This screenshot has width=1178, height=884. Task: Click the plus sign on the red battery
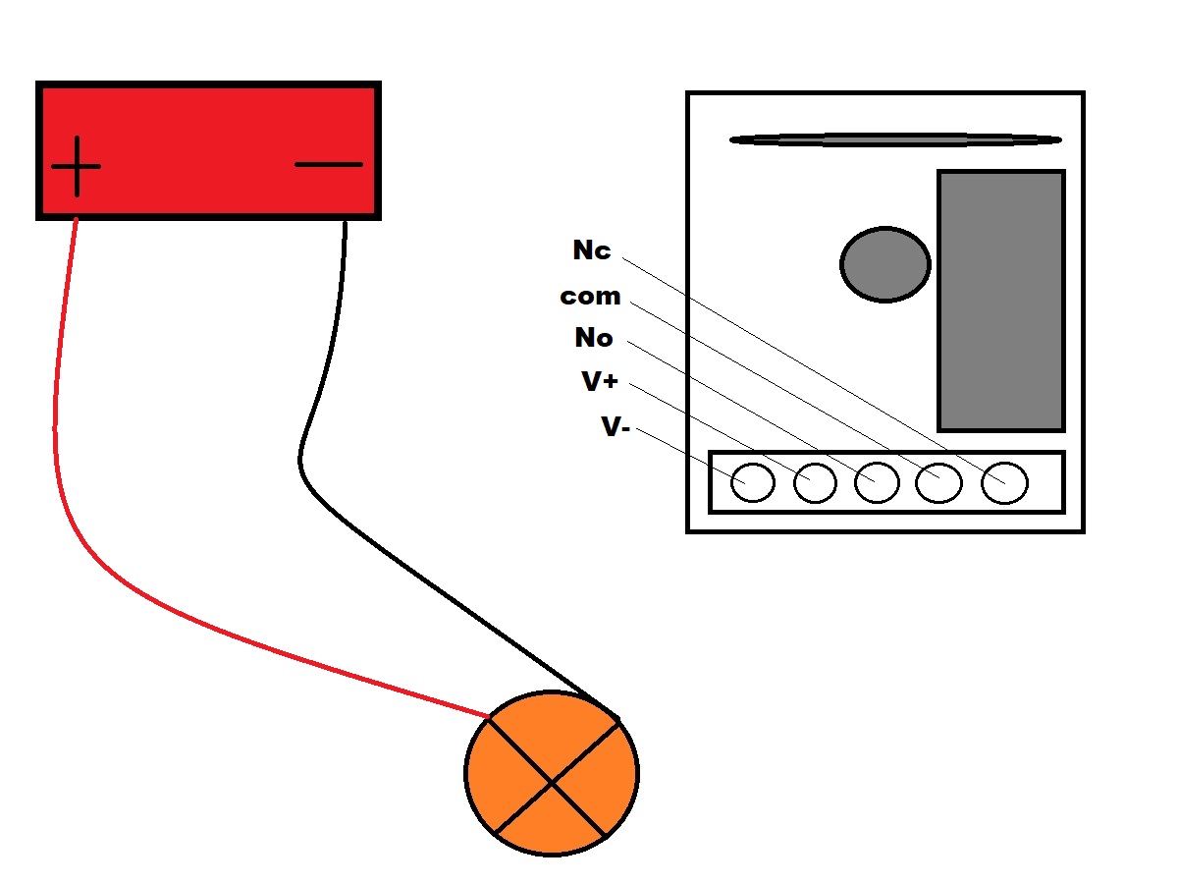coord(76,166)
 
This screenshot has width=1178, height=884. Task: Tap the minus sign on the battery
coord(329,164)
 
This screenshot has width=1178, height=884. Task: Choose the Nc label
coord(592,250)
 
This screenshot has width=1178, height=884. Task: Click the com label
coord(590,296)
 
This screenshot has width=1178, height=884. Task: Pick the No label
coord(594,339)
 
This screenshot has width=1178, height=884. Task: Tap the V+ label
coord(600,382)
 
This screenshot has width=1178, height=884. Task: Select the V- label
coord(615,426)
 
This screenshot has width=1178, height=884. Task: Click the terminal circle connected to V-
coord(753,482)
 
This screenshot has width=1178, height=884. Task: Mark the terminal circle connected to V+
coord(815,482)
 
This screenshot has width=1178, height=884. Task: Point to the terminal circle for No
coord(877,482)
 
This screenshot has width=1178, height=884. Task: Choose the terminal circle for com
coord(938,482)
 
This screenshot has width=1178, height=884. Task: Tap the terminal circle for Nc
coord(1005,482)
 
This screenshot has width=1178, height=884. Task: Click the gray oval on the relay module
coord(884,263)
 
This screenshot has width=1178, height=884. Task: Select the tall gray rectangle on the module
coord(1001,301)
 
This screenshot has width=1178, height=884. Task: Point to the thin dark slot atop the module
coord(895,139)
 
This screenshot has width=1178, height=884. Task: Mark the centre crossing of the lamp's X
coord(553,781)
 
